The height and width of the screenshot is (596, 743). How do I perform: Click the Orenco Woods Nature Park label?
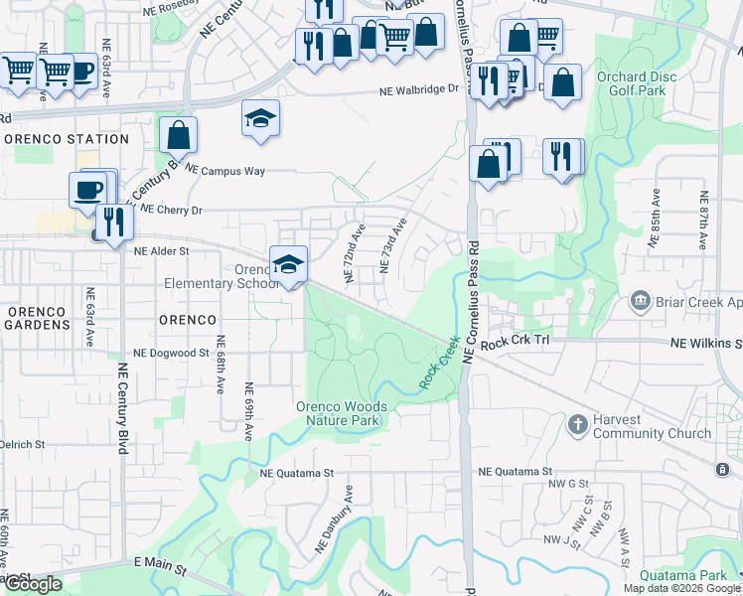[x=340, y=413]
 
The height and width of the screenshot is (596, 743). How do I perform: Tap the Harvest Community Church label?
[x=652, y=426]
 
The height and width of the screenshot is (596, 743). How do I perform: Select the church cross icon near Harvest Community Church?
[x=577, y=425]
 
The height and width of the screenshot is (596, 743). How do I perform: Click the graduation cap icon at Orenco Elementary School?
[x=288, y=263]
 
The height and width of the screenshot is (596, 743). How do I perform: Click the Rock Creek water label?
[x=440, y=364]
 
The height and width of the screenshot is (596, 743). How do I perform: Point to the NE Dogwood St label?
[x=170, y=353]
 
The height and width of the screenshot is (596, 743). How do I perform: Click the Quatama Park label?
[x=683, y=575]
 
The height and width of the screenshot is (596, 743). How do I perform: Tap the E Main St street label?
[x=161, y=567]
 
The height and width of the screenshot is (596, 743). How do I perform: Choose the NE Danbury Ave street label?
[x=335, y=519]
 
